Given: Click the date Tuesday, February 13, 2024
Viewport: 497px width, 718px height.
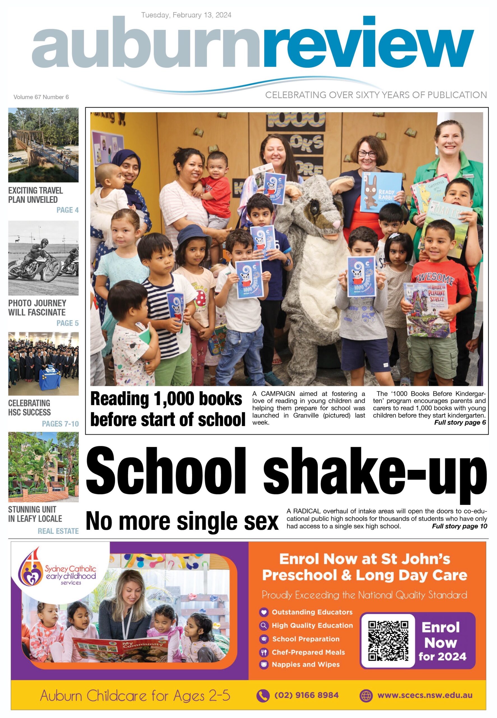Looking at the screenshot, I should pos(186,15).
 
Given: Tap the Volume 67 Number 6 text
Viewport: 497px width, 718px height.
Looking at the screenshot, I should pos(41,97).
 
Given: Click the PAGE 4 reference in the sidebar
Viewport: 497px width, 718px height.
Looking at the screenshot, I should pos(67,210).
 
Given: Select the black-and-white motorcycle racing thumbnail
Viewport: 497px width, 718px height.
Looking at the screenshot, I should pos(43,258).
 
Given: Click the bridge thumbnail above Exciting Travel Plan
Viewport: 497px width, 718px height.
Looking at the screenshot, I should pos(43,145).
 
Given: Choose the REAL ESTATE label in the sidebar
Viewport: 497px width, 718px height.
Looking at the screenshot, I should pos(58,531).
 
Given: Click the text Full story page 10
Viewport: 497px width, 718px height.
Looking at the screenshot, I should pos(459,526).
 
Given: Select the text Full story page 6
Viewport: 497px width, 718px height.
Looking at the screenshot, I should pos(460,422).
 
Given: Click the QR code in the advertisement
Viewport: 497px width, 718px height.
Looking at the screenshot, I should pos(388,641).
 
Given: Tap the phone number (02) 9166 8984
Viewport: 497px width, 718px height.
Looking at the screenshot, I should pos(306,695).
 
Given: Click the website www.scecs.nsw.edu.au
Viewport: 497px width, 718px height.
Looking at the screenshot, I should pos(425,695).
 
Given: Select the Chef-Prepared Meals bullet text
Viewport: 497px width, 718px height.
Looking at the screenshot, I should pos(308,652).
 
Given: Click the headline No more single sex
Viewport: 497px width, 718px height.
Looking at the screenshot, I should pos(182,521).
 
